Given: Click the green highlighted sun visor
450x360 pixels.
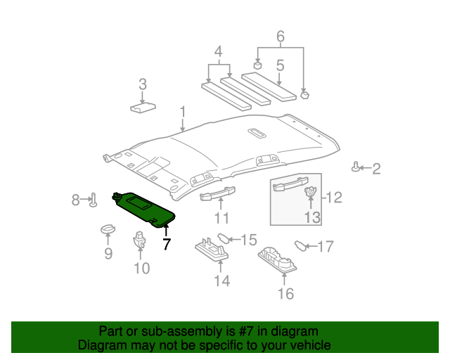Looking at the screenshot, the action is coord(143,210).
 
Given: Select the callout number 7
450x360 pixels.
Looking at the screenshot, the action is coord(167,244).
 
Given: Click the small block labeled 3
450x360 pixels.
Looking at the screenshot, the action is coord(143,108).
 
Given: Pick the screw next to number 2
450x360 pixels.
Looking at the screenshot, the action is coord(356,167).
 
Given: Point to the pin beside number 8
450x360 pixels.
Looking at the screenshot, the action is coord(94,200).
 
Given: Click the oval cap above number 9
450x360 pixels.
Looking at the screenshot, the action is coord(108,229).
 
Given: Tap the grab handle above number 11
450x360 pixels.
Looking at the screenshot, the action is coord(217,193).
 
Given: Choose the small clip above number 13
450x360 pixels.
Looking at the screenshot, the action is coord(311,191).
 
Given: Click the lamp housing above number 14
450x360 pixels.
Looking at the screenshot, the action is coord(212,248).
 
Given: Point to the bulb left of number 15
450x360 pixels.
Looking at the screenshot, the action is coord(223,238).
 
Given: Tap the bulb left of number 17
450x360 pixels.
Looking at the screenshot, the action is coord(300,245).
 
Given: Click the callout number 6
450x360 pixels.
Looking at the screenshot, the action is coord(281,37).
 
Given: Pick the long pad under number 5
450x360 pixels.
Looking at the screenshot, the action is coord(269,87).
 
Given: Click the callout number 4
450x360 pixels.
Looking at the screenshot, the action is coord(219,51).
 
